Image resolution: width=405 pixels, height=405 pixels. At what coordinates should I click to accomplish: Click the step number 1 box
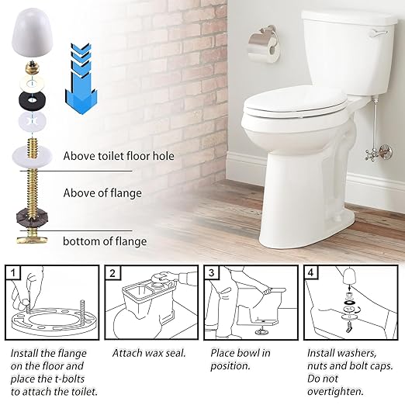click(x=15, y=273)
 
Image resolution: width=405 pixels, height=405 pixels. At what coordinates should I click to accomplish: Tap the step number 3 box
click(x=212, y=273)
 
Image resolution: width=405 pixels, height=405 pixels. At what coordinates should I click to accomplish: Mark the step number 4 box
click(x=310, y=273)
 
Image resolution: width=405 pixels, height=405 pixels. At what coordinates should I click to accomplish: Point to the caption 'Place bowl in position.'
click(x=240, y=359)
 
